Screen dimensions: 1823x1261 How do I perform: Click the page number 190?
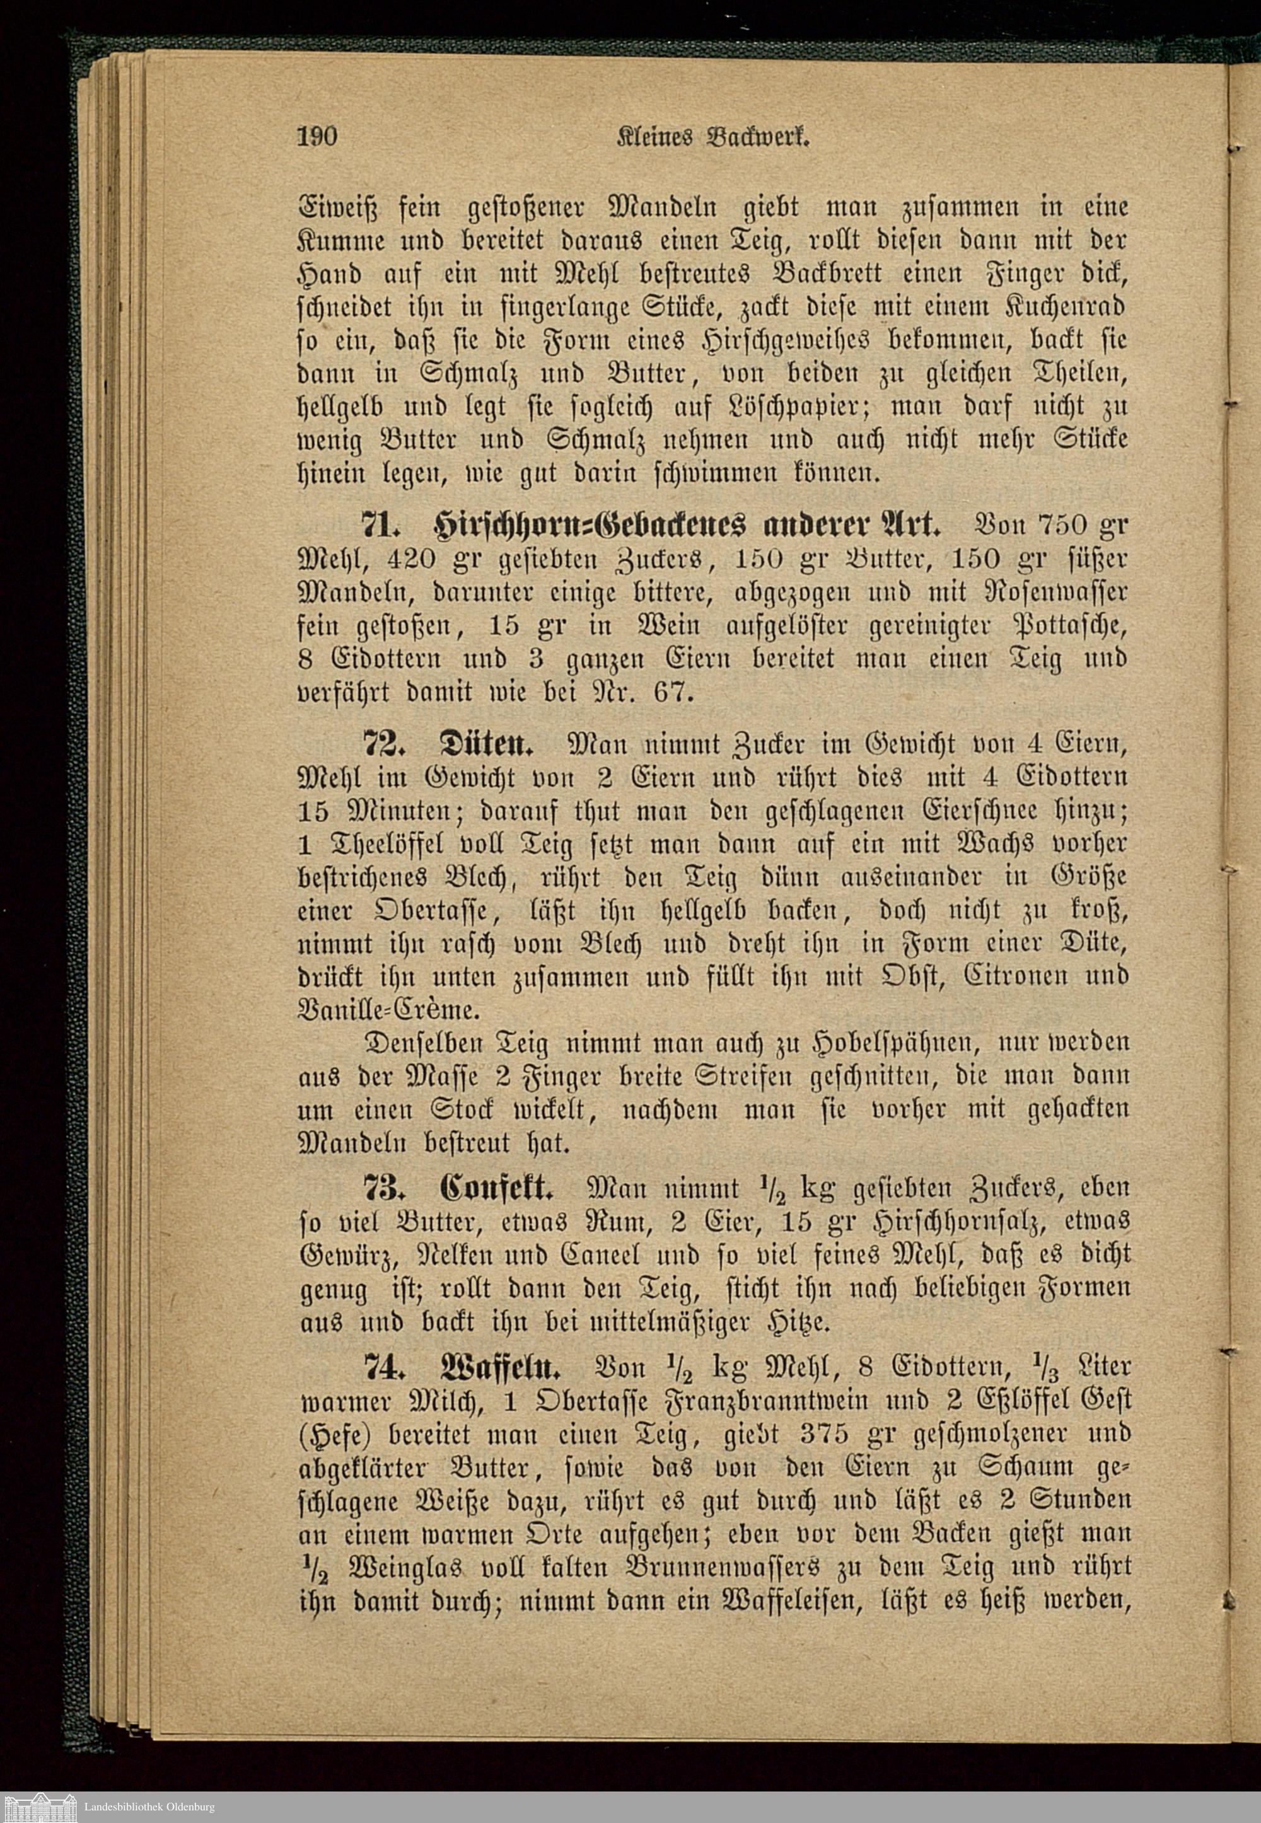(x=318, y=137)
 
